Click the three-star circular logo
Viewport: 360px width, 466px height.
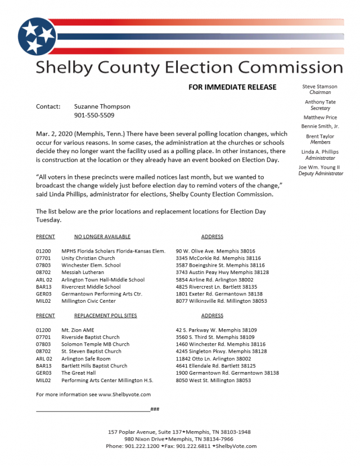click(x=37, y=37)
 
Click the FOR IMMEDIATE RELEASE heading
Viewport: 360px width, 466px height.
click(x=232, y=87)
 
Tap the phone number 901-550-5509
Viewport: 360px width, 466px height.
click(x=94, y=115)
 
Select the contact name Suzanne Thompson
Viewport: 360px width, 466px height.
click(x=102, y=106)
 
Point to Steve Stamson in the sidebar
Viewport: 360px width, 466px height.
click(x=320, y=87)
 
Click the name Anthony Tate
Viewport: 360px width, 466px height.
click(x=320, y=102)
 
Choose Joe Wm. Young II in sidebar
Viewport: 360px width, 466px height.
click(x=320, y=168)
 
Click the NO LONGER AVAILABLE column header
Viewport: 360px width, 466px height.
click(x=102, y=237)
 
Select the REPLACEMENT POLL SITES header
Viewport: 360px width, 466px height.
click(x=105, y=316)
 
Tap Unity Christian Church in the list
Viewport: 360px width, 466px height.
click(x=88, y=258)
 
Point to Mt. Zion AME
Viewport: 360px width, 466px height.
click(x=79, y=330)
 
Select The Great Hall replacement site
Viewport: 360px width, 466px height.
click(x=80, y=373)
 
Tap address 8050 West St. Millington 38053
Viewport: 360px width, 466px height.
click(x=213, y=380)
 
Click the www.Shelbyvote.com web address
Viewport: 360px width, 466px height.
click(x=124, y=395)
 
